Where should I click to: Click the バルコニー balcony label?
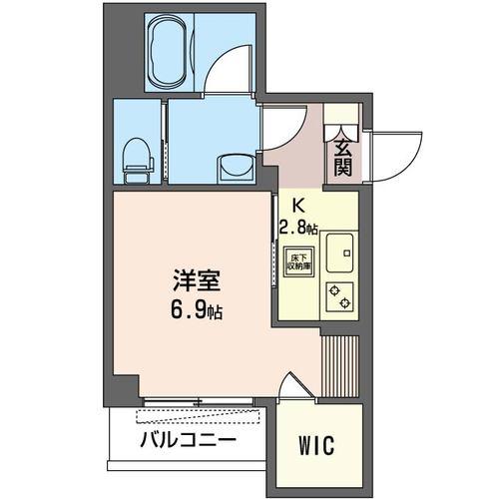point(188,440)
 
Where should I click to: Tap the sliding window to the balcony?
point(199,402)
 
